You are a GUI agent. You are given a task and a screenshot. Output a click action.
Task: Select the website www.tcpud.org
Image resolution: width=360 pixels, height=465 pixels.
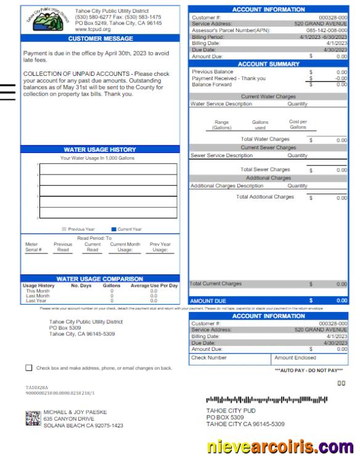click(x=92, y=29)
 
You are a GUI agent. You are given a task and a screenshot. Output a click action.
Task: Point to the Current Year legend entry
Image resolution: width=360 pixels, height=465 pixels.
click(x=127, y=229)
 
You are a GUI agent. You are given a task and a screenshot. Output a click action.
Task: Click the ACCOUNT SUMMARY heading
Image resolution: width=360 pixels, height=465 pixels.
click(x=268, y=64)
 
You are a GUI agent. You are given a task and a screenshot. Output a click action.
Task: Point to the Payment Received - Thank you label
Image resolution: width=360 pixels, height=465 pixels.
click(x=229, y=78)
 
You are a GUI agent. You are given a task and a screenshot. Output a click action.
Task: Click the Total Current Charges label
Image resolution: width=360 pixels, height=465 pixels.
click(x=216, y=284)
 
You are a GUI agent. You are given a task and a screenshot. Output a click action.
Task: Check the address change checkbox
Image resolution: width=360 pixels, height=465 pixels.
click(x=29, y=368)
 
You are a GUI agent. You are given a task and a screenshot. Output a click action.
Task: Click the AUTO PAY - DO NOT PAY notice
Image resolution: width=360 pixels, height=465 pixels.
click(x=308, y=370)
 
